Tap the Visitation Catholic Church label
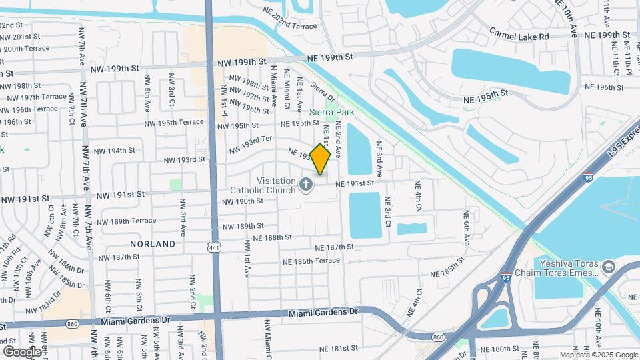pos(263,185)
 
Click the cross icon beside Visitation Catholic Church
pos(307,185)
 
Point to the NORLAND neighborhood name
pos(153,245)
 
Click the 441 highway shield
pos(212,247)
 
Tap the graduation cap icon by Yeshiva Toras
pos(608,268)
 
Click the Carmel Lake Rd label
pos(519,34)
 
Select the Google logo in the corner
pos(22,351)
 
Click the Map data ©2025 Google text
pos(598,355)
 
